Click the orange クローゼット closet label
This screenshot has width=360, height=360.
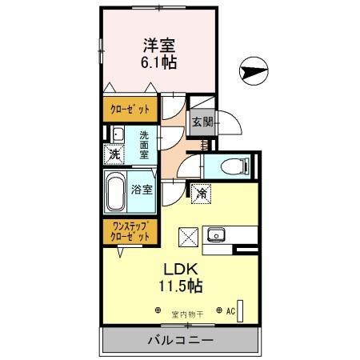tap(128, 109)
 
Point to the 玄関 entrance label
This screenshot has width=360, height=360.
tap(202, 122)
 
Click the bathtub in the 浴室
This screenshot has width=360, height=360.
tap(117, 193)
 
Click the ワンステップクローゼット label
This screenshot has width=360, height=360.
tap(129, 231)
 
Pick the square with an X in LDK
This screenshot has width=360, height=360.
tap(188, 236)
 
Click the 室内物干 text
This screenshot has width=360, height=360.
tap(190, 313)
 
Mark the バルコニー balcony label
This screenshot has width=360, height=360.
tap(179, 341)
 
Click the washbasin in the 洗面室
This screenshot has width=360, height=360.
tap(117, 134)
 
